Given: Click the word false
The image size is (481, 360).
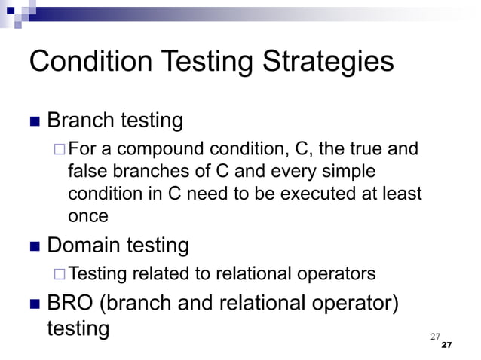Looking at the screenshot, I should pos(87,171).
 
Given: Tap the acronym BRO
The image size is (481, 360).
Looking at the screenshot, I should pos(70,304).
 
